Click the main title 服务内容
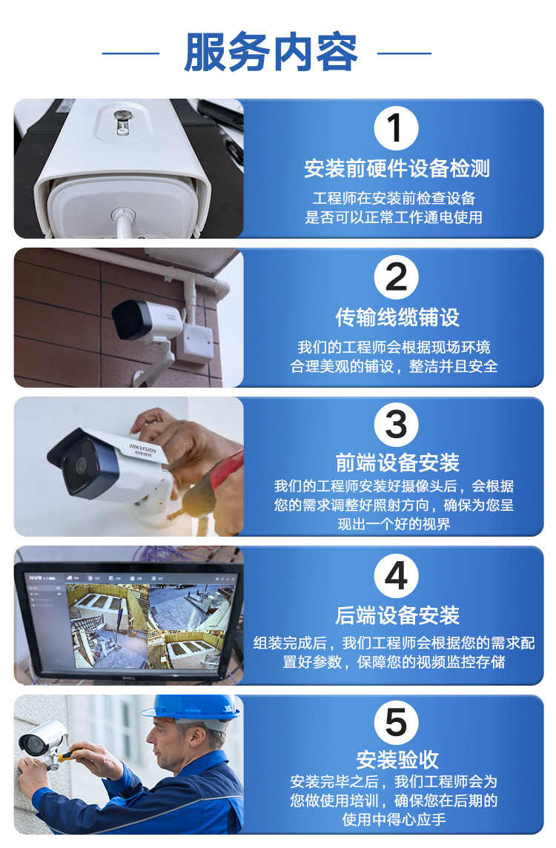(271, 53)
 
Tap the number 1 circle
(396, 128)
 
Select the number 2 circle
(396, 277)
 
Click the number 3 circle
(396, 425)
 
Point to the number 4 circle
(396, 575)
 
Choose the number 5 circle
(396, 723)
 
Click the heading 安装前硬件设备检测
(397, 168)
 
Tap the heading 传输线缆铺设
(397, 317)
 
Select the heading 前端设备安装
(397, 463)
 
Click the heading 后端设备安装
(397, 615)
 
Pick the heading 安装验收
(397, 760)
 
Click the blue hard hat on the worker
(191, 708)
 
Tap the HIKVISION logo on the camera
(143, 450)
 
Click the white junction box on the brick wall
(196, 341)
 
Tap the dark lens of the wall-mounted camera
(125, 320)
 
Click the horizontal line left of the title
(130, 53)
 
